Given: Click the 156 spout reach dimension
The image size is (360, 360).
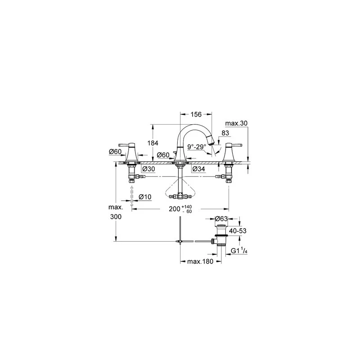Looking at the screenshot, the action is point(196,114).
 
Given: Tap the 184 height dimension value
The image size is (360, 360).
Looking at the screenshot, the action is point(153,143).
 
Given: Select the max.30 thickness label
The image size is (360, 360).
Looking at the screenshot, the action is point(236,123).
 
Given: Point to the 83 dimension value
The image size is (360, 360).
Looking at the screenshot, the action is point(225,133).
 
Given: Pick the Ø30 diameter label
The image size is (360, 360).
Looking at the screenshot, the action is point(148,169).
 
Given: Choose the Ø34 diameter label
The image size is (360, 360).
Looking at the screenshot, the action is point(198,169).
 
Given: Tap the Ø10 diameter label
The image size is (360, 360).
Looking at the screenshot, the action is point(145,197).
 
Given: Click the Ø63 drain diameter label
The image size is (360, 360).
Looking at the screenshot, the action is point(221,219).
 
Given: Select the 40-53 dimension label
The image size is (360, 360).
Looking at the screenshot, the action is point(238,231).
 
